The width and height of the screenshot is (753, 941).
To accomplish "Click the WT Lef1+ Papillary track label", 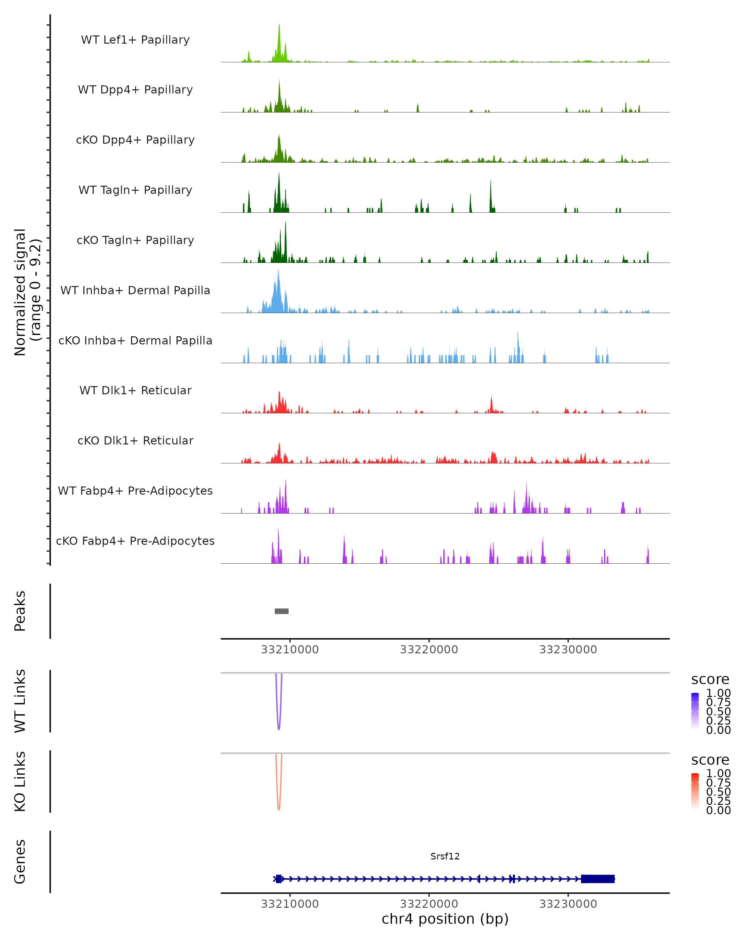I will click(135, 40).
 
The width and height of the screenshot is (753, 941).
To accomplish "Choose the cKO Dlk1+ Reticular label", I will click(135, 440).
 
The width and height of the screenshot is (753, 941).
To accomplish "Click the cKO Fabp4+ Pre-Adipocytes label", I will click(135, 541).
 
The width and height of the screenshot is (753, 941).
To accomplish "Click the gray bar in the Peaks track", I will click(281, 611).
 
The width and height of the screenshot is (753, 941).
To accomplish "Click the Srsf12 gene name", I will click(445, 856).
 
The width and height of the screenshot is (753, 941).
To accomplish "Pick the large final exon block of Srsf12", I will click(598, 879).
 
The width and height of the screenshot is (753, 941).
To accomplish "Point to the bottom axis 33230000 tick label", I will click(568, 904).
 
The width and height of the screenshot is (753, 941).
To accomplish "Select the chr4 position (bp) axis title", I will click(445, 919).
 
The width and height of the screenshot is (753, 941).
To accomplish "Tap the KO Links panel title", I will click(20, 781).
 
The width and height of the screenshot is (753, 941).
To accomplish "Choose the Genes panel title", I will click(20, 862).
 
